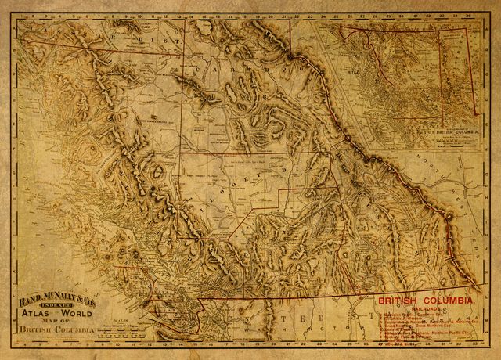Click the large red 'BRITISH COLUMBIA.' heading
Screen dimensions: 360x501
[x=427, y=301]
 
